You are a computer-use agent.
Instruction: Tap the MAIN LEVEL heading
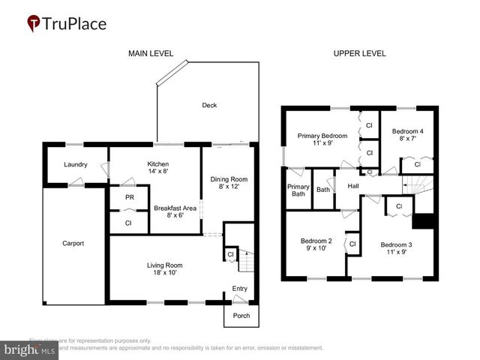pos(151,53)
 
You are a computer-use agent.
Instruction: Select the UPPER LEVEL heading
pos(361,53)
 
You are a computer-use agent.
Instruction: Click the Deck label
pos(209,105)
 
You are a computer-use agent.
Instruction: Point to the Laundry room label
pos(76,165)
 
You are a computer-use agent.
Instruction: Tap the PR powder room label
pos(130,198)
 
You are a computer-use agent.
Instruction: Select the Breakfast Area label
pos(175,211)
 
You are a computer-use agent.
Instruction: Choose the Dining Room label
pos(229,184)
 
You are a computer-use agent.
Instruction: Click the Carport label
pos(73,243)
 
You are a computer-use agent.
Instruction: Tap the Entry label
pos(240,289)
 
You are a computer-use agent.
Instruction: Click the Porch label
pos(241,316)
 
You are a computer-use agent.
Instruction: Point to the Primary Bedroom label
pos(322,140)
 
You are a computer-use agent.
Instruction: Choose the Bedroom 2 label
pos(315,244)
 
